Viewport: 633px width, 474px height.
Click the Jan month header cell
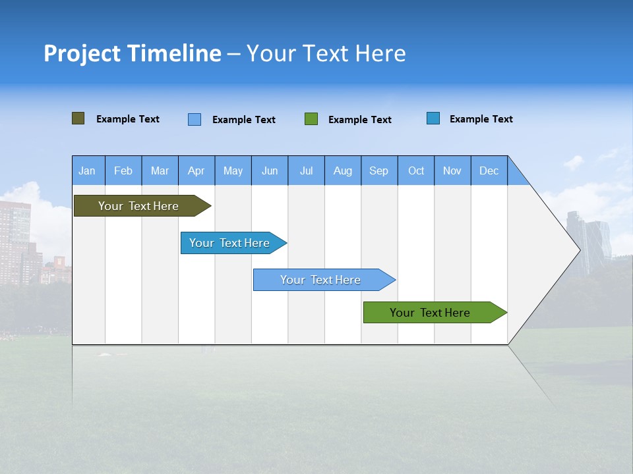pyautogui.click(x=88, y=171)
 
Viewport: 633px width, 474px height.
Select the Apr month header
pyautogui.click(x=196, y=171)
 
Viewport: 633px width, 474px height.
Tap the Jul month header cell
pyautogui.click(x=306, y=171)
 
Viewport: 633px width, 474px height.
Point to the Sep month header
pyautogui.click(x=378, y=171)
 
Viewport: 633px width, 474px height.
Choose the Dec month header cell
pyautogui.click(x=489, y=171)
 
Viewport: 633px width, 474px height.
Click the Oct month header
pyautogui.click(x=416, y=171)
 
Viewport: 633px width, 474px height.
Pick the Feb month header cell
pyautogui.click(x=123, y=171)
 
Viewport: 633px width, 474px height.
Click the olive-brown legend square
pyautogui.click(x=78, y=118)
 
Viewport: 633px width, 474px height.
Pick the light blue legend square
pyautogui.click(x=195, y=119)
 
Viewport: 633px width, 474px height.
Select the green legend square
pyautogui.click(x=311, y=119)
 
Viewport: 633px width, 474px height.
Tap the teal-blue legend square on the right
pyautogui.click(x=433, y=118)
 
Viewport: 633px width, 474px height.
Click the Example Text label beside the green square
pyautogui.click(x=359, y=120)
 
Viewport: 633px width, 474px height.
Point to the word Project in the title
pyautogui.click(x=82, y=53)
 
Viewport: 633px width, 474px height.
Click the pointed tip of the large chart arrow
pyautogui.click(x=578, y=250)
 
